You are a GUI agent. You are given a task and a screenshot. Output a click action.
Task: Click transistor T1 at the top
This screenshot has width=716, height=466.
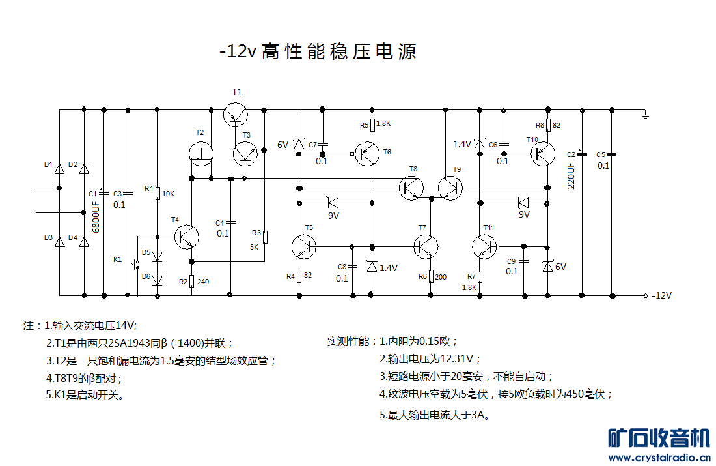235,115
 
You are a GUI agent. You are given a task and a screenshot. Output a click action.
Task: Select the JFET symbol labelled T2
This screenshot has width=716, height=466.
200,153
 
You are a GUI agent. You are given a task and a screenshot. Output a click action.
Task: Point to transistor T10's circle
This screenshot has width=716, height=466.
542,154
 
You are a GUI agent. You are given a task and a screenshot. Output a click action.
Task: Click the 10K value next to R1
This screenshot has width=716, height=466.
168,194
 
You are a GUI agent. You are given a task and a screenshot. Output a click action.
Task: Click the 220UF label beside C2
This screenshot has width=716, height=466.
571,175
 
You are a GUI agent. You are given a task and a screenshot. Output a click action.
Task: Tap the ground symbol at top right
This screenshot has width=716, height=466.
645,115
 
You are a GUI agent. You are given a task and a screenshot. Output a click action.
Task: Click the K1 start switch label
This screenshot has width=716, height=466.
118,259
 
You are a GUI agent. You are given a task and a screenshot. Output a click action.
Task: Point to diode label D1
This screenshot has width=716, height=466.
48,165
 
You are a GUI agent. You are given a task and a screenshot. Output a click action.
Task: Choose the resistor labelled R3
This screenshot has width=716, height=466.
265,236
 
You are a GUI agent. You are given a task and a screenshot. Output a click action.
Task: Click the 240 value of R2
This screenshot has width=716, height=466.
203,282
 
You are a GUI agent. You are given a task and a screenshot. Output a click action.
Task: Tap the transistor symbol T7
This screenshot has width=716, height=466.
426,246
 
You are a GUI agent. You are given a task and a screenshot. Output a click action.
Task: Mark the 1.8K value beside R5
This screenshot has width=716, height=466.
383,124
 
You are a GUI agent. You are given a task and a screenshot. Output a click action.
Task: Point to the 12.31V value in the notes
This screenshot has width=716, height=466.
460,358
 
